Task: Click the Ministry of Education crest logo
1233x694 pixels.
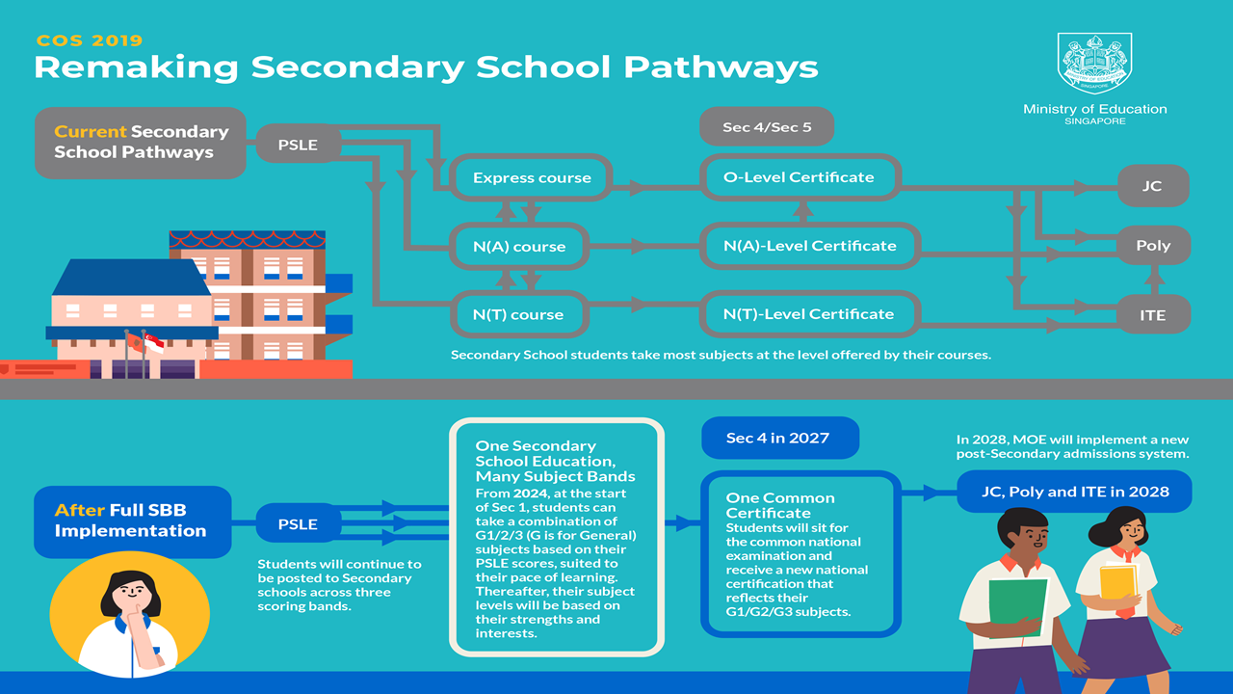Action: [x=1094, y=64]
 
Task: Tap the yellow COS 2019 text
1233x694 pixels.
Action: [x=90, y=40]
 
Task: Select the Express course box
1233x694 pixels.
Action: [x=531, y=177]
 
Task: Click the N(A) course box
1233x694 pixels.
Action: [x=519, y=246]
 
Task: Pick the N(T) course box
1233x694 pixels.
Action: [x=519, y=314]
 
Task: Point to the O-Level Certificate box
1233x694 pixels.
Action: [x=800, y=177]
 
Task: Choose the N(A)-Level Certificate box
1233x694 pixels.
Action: [x=810, y=246]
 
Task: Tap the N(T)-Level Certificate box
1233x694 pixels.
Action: [x=810, y=314]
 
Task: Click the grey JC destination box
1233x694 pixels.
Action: [x=1153, y=186]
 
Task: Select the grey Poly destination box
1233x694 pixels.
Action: [x=1154, y=245]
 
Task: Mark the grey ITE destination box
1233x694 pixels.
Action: [x=1154, y=315]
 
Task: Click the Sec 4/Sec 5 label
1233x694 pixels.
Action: [x=767, y=126]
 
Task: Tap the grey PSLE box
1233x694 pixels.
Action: [x=298, y=145]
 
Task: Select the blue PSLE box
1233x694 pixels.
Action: [x=298, y=523]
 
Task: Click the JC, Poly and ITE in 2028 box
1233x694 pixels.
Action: [x=1074, y=492]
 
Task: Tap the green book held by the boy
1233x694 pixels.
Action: [x=1017, y=607]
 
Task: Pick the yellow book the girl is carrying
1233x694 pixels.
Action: [x=1118, y=583]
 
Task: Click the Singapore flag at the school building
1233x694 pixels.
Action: [x=154, y=343]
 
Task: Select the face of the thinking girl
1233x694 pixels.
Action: [x=130, y=592]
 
